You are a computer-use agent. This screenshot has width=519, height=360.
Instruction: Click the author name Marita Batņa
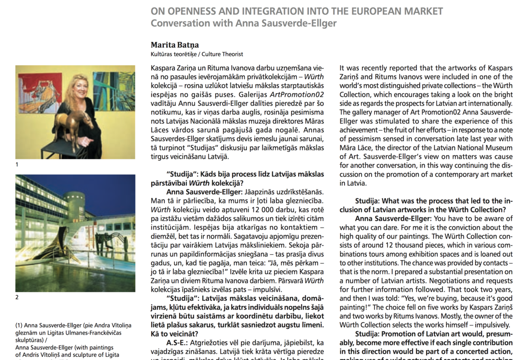click(x=175, y=45)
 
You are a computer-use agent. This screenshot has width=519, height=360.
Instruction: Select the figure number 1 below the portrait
click(x=17, y=165)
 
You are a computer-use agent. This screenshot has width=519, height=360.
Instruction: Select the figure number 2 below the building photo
click(x=17, y=298)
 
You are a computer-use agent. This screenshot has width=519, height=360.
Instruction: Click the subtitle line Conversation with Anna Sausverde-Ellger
click(x=243, y=23)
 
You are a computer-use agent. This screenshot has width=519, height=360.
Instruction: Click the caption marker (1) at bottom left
click(x=19, y=325)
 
